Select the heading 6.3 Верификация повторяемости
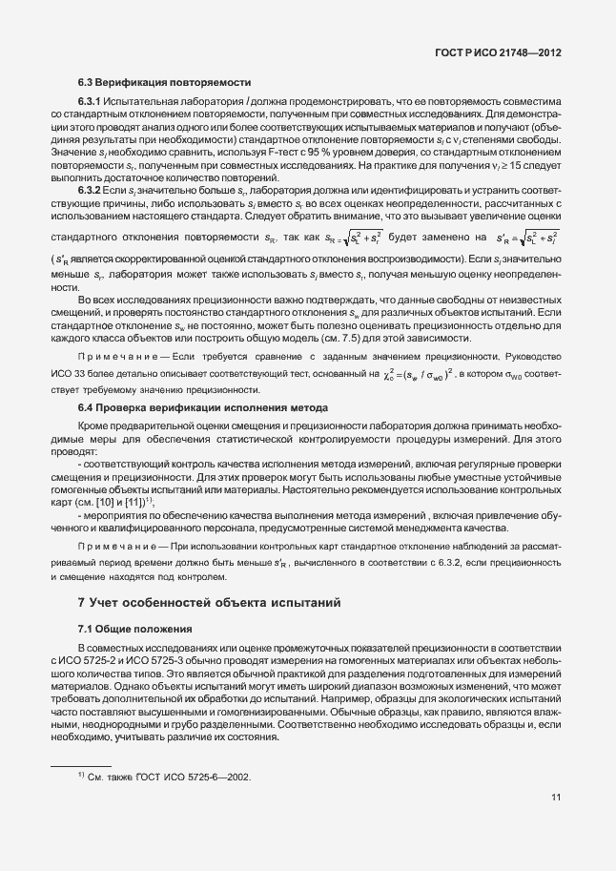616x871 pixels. coord(163,82)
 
